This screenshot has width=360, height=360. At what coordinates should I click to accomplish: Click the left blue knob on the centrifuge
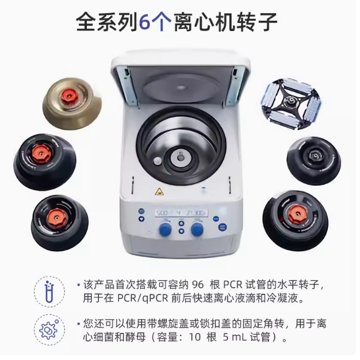(x=165, y=231)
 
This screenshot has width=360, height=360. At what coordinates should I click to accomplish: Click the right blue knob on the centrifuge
(x=198, y=230)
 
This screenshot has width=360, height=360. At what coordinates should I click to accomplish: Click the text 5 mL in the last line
(x=243, y=337)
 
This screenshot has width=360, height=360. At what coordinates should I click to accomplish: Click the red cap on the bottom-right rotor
(x=297, y=213)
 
